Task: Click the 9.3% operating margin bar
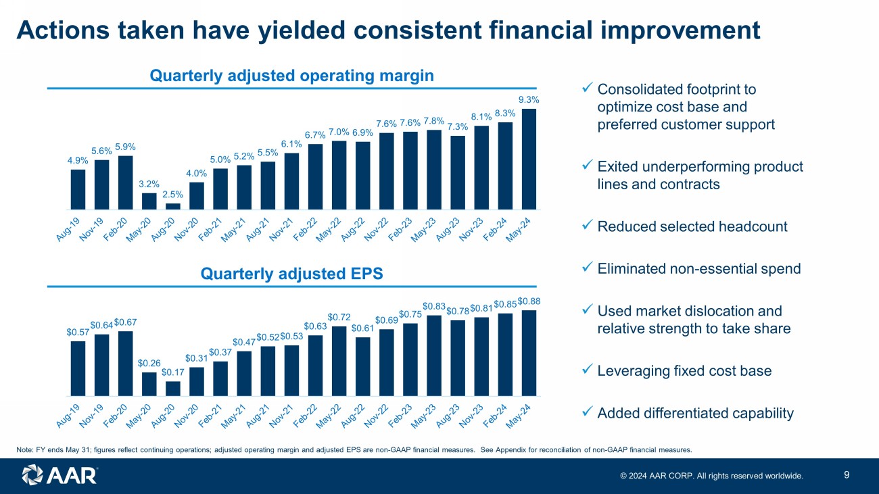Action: pyautogui.click(x=529, y=159)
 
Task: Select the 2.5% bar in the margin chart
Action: pyautogui.click(x=172, y=206)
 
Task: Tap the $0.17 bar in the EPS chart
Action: pyautogui.click(x=172, y=389)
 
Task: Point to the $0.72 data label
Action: pyautogui.click(x=338, y=316)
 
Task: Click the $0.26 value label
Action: pyautogui.click(x=149, y=363)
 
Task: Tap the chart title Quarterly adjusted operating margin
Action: pyautogui.click(x=291, y=76)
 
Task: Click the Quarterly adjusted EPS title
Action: pyautogui.click(x=292, y=274)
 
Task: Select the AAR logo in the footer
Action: pyautogui.click(x=60, y=475)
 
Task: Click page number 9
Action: pyautogui.click(x=847, y=474)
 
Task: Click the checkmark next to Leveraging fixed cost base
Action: pyautogui.click(x=587, y=371)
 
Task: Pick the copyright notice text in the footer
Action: pyautogui.click(x=712, y=476)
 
